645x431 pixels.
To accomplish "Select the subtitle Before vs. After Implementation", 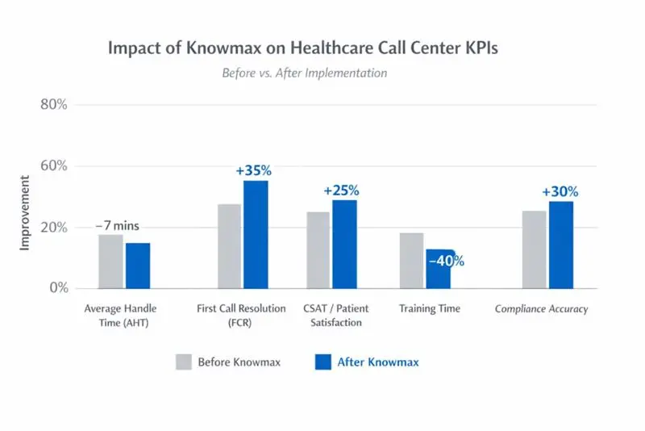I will click(x=305, y=73).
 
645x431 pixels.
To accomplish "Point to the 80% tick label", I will click(x=54, y=105).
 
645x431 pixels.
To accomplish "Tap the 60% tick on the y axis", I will click(x=54, y=166).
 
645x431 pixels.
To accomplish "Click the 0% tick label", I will click(x=57, y=288).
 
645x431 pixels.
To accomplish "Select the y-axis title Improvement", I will click(x=24, y=213).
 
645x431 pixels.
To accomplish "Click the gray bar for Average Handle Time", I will click(x=110, y=261).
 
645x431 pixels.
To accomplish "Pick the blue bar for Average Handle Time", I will click(x=137, y=265).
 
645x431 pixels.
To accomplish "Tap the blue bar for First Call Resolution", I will click(x=256, y=234).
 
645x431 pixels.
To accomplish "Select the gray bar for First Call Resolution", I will click(x=229, y=245).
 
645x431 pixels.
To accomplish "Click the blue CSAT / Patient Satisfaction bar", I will click(x=344, y=244).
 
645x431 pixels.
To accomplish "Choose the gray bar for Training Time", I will click(x=411, y=260).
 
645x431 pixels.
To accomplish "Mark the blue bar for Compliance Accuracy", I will click(x=560, y=245).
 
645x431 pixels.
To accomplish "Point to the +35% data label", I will click(x=254, y=170).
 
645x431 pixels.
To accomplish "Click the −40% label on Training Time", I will click(x=446, y=261).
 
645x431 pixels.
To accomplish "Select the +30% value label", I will click(x=560, y=192).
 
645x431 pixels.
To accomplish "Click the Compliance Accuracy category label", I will click(x=541, y=308).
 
